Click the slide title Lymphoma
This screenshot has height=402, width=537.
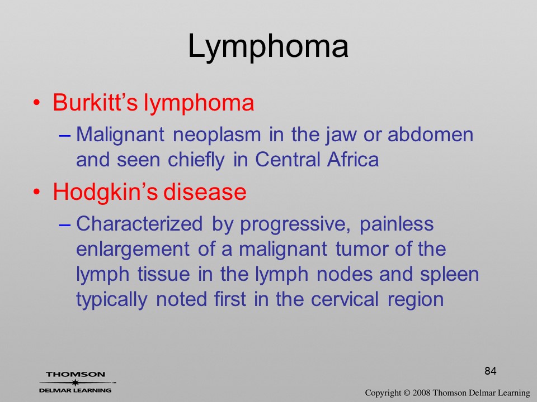pos(268,47)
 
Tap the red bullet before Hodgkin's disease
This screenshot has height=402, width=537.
pos(36,192)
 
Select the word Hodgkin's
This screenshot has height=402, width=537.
pos(105,192)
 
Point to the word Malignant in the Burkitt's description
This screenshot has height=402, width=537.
pos(120,135)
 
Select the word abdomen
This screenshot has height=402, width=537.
pos(431,135)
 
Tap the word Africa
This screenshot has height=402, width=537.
pos(353,159)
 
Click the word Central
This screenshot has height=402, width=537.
pos(287,159)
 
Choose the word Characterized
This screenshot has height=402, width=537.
pos(139,224)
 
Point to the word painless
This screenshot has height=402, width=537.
pos(397,224)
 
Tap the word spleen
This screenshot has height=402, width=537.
pos(450,275)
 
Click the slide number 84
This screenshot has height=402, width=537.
pos(491,371)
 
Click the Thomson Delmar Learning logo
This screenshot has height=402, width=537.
pos(77,382)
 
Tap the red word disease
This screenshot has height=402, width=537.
pos(205,192)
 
